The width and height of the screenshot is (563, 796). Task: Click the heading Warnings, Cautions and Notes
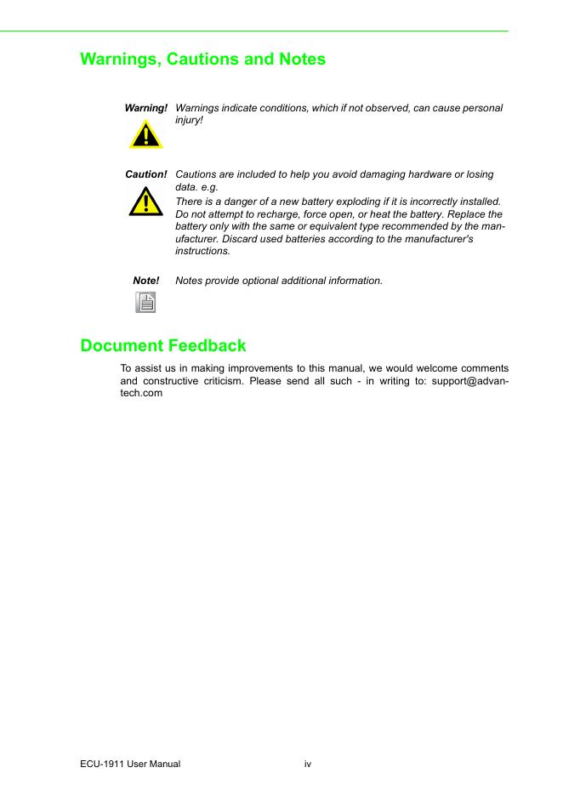[x=202, y=60]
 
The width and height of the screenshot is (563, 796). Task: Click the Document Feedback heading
[x=163, y=345]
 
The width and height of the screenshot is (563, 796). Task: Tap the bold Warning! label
[x=145, y=108]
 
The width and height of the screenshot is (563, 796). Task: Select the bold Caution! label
[x=145, y=174]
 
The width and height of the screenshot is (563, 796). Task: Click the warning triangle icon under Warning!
[x=146, y=134]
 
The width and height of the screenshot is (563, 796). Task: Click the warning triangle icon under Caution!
[x=146, y=202]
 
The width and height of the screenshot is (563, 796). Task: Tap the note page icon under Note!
[x=146, y=302]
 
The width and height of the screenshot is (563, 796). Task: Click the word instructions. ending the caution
[x=202, y=252]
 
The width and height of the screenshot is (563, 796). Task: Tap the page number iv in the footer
[x=308, y=765]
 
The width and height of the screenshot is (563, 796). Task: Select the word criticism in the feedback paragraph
[x=225, y=381]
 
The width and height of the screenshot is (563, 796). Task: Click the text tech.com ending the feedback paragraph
[x=141, y=394]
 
